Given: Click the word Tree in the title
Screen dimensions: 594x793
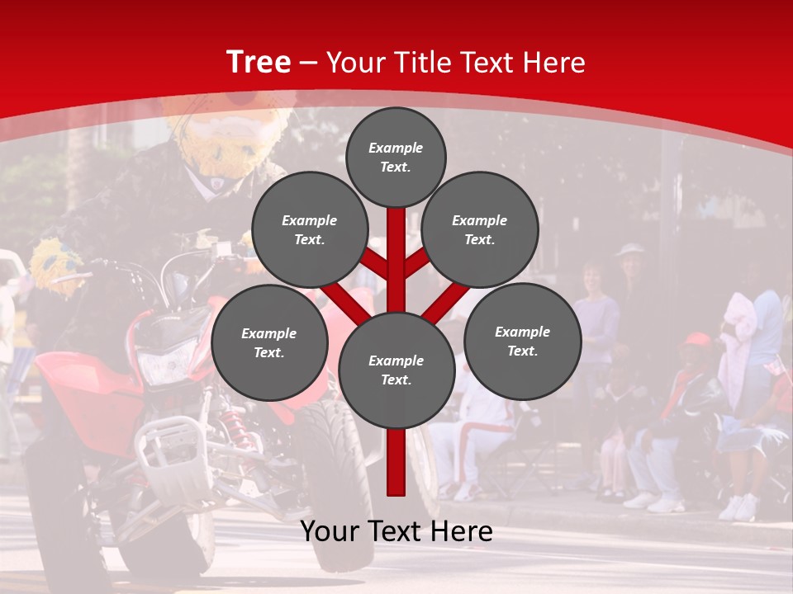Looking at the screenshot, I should click(x=259, y=62).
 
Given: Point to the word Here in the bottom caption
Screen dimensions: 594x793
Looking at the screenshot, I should click(x=461, y=531).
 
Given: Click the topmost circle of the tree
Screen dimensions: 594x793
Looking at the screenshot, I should click(x=396, y=157).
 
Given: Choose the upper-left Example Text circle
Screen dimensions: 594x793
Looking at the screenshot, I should click(x=309, y=229).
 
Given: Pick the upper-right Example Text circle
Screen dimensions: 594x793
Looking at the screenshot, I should click(x=480, y=229).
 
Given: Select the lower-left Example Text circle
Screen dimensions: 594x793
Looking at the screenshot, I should click(x=269, y=342).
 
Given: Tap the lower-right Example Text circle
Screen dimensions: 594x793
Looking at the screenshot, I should click(x=522, y=341).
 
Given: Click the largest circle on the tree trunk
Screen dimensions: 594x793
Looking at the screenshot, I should click(x=396, y=370).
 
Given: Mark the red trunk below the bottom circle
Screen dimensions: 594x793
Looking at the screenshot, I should click(x=396, y=462).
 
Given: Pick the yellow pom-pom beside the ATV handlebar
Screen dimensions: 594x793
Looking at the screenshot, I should click(x=56, y=266).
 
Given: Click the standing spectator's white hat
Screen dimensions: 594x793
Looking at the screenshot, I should click(x=631, y=249).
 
